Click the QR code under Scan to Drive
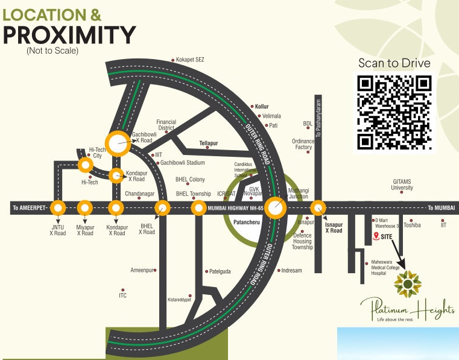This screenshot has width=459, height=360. point(394,112)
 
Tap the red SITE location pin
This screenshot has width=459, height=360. point(376,236)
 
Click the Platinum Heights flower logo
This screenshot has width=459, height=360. point(408,282)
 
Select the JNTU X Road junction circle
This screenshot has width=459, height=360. point(57,208)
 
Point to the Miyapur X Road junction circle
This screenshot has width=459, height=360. point(85,208)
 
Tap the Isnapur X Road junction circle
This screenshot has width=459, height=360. point(318,208)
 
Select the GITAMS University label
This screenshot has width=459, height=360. point(402,184)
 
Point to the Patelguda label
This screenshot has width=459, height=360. point(220,271)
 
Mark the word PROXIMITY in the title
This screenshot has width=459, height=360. point(69,36)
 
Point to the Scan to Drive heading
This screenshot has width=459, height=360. point(394,63)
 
